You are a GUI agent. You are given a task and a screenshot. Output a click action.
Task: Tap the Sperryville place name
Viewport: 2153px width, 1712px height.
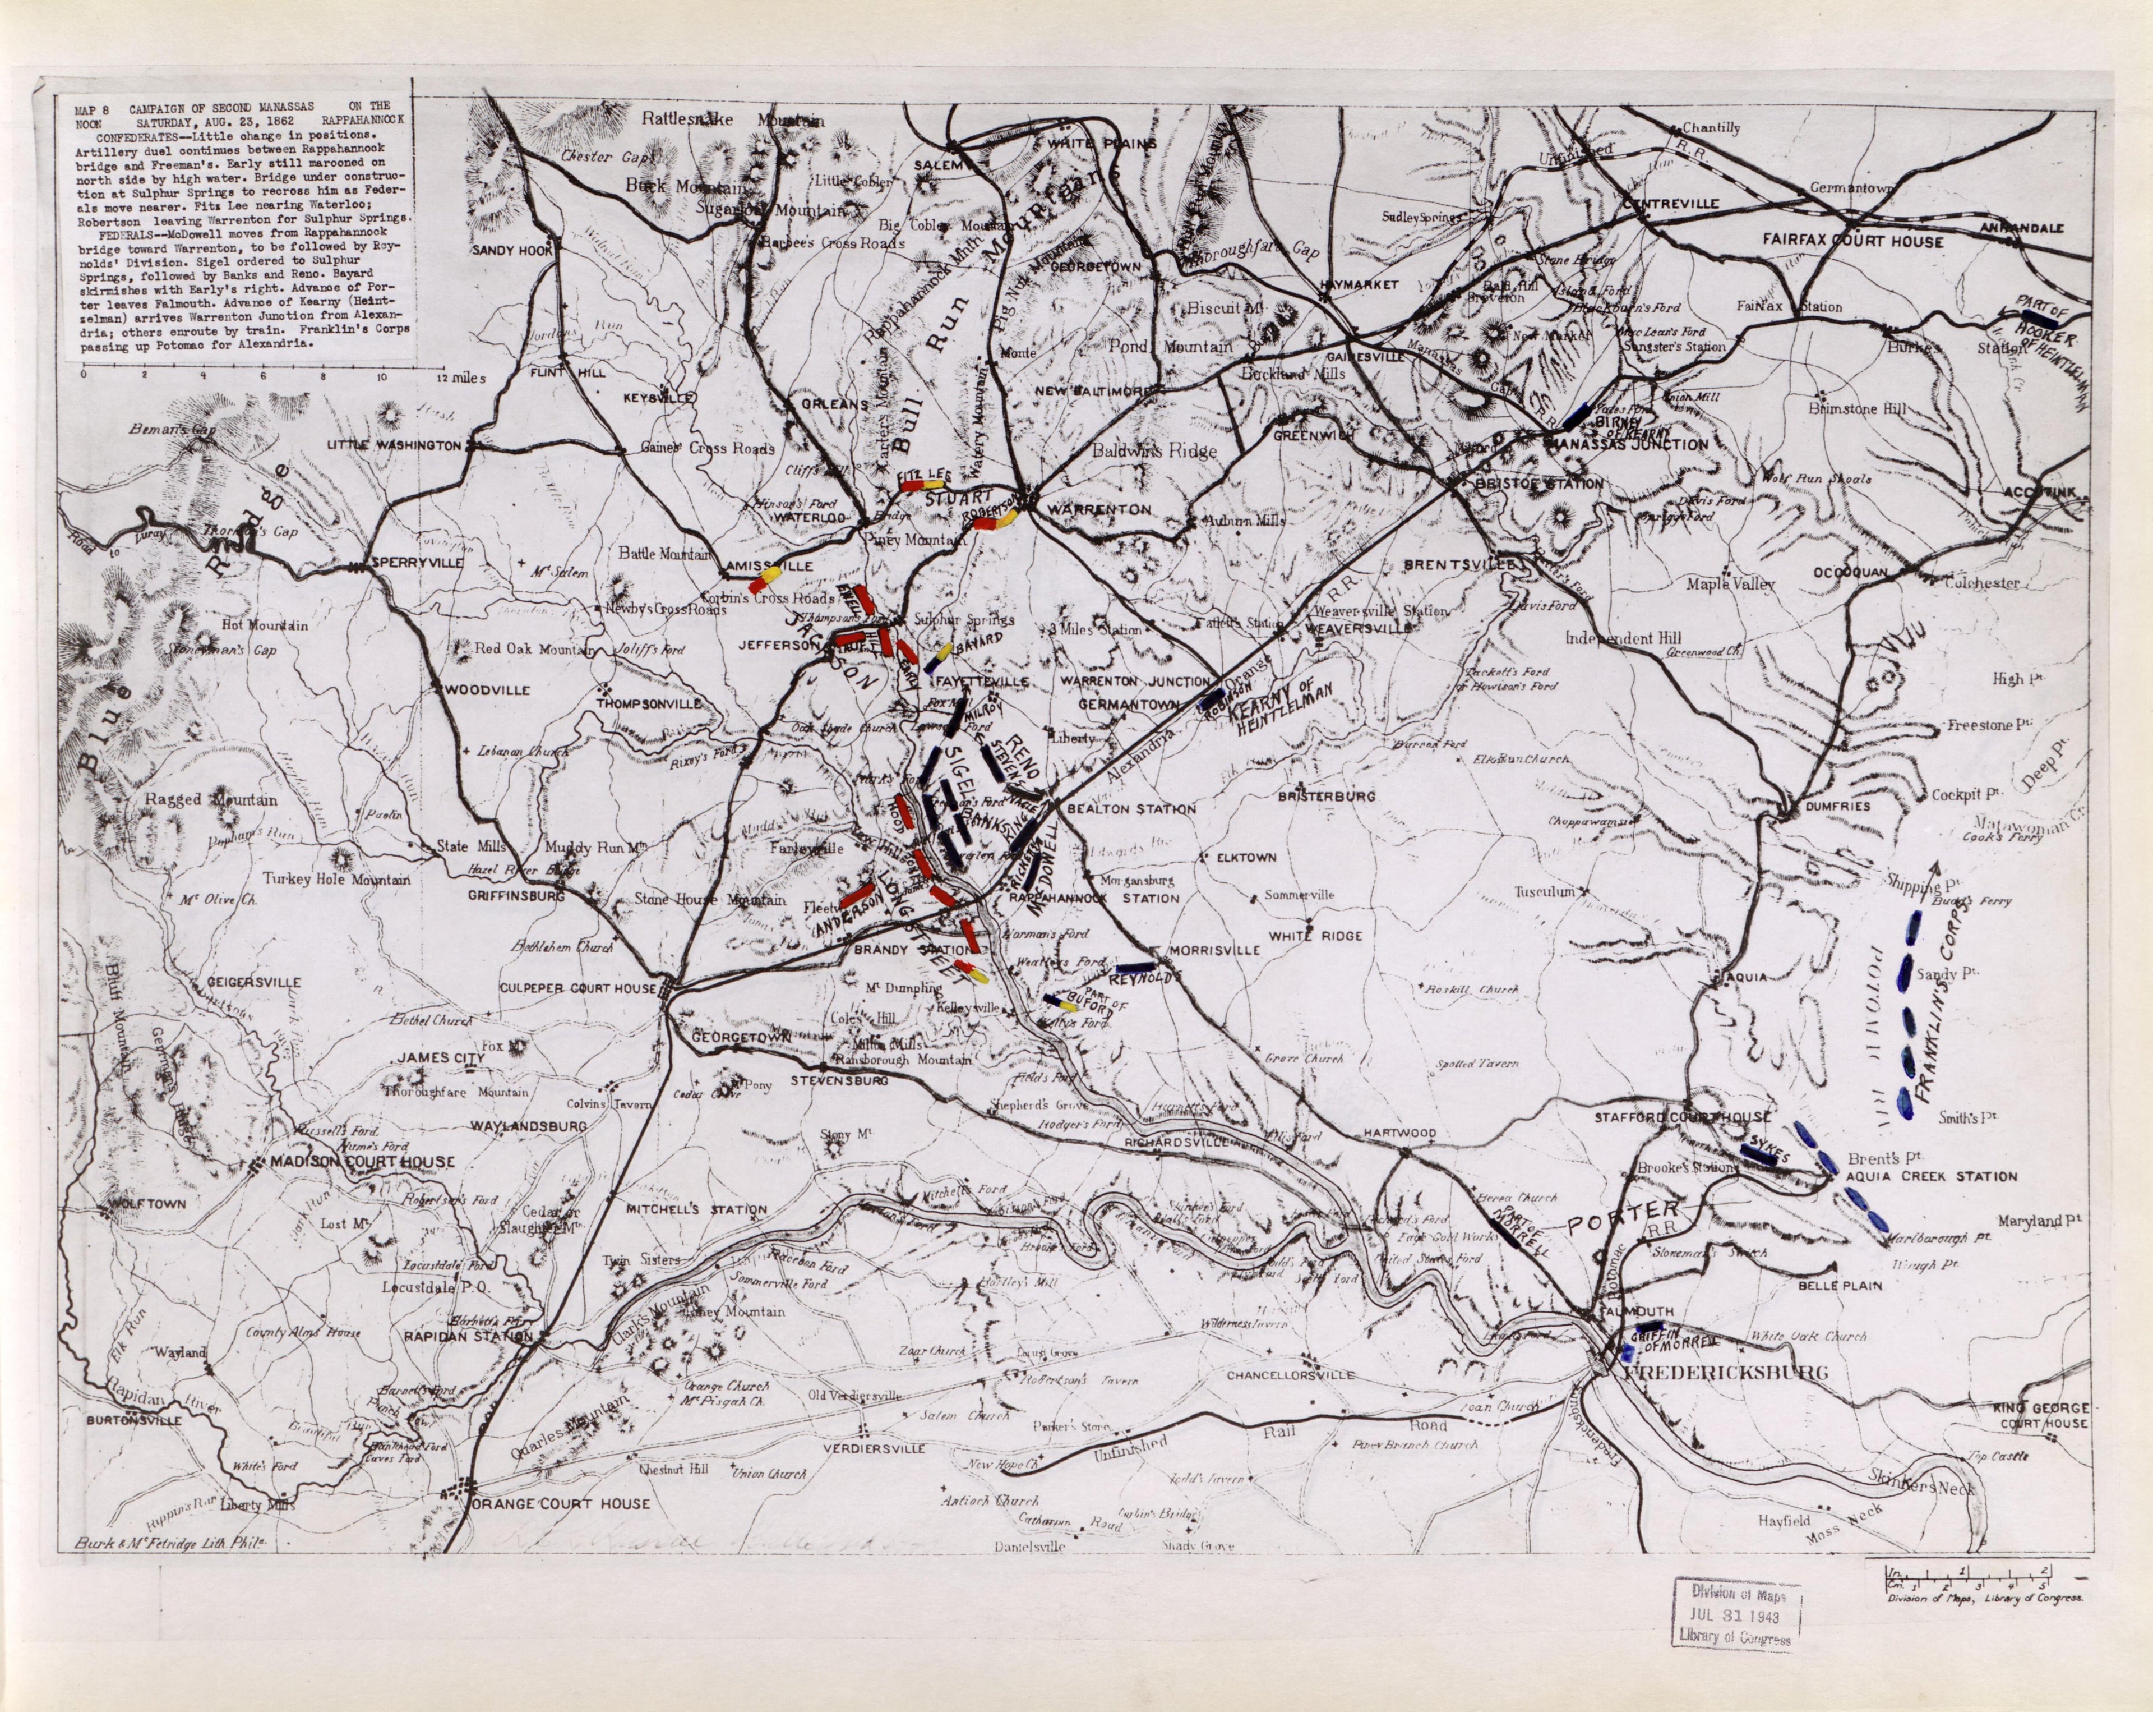(417, 563)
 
